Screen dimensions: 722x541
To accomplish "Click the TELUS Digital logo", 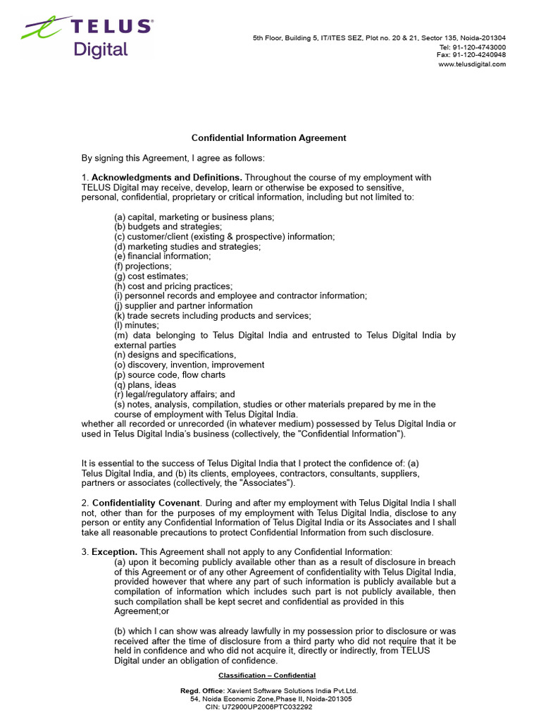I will coord(87,37).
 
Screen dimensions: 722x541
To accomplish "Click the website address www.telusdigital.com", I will coord(472,64).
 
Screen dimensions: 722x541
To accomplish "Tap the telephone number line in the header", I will coord(472,47).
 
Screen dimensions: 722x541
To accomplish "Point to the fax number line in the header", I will coord(471,54).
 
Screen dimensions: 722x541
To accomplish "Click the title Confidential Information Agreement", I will coord(269,138).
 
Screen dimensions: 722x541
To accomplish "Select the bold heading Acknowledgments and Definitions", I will coord(167,178).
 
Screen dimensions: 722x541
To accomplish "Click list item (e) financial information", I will coord(163,257).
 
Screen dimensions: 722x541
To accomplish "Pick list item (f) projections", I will coord(143,267).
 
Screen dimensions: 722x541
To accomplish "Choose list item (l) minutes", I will coord(137,326).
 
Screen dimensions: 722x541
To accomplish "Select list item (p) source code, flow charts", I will coord(171,375).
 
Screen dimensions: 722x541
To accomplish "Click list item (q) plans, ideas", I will coord(146,385).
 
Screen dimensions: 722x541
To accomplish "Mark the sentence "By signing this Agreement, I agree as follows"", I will coord(173,158).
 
